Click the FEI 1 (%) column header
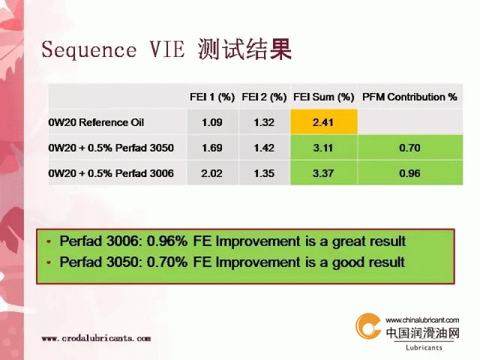pyautogui.click(x=212, y=97)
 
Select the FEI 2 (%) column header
pyautogui.click(x=264, y=97)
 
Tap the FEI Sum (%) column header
pyautogui.click(x=323, y=97)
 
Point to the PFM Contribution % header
pyautogui.click(x=409, y=97)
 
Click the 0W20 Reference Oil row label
pyautogui.click(x=96, y=122)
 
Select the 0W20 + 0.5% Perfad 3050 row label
pyautogui.click(x=111, y=148)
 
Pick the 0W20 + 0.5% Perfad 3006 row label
pyautogui.click(x=111, y=173)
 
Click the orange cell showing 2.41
pyautogui.click(x=324, y=121)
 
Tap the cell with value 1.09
pyautogui.click(x=212, y=121)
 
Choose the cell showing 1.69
pyautogui.click(x=212, y=148)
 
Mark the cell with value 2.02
pyautogui.click(x=212, y=173)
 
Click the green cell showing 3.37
pyautogui.click(x=324, y=173)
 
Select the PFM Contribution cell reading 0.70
pyautogui.click(x=410, y=148)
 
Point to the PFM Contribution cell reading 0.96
pyautogui.click(x=410, y=173)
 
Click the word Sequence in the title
pyautogui.click(x=88, y=50)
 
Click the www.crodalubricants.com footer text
pyautogui.click(x=96, y=338)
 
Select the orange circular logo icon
pyautogui.click(x=368, y=326)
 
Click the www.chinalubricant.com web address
pyautogui.click(x=422, y=320)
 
